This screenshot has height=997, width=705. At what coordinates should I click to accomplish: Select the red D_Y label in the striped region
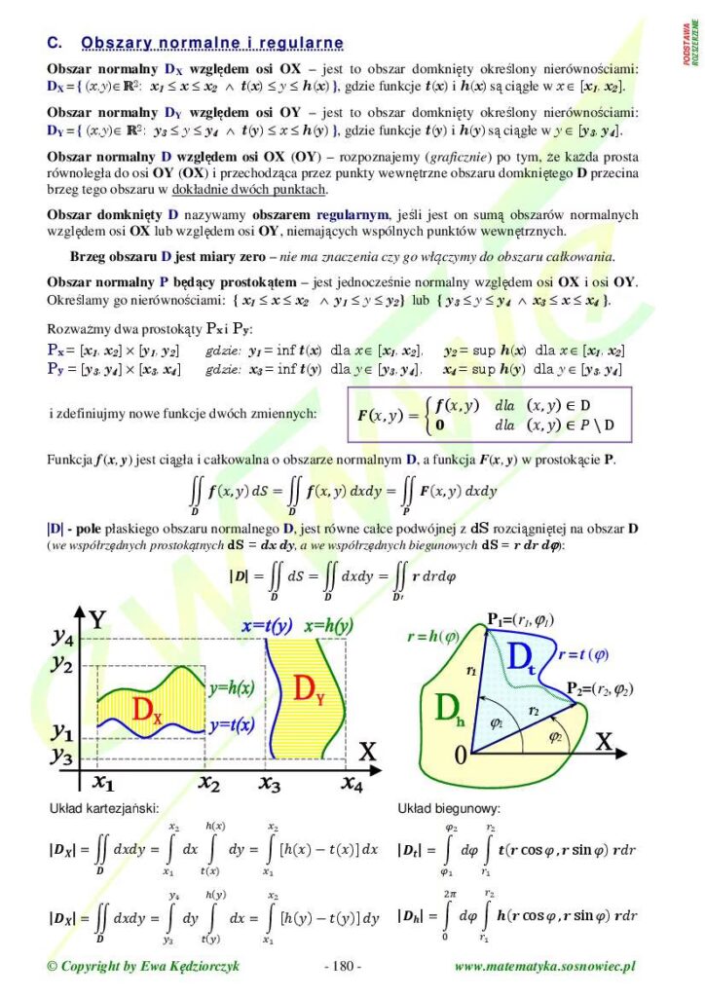point(308,691)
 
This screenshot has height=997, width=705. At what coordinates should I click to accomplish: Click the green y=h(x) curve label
point(232,687)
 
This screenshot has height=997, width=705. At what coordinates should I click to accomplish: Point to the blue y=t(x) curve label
point(232,724)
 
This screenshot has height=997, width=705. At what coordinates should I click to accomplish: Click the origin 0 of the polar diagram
point(461,755)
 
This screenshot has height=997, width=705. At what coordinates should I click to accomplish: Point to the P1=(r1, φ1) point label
point(521,619)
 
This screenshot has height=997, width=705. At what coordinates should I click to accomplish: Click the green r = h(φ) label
point(433,637)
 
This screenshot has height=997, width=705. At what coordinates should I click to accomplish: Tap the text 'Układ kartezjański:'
point(104,808)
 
